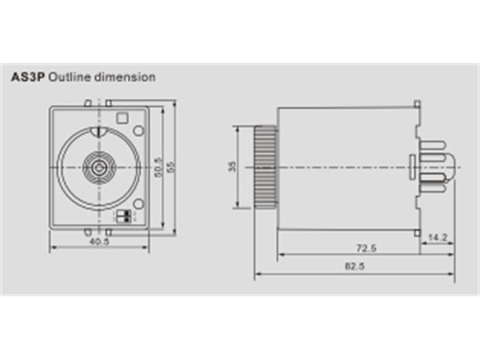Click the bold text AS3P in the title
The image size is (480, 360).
[28, 76]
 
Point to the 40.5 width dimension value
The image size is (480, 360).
[99, 242]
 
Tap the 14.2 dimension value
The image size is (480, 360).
[437, 238]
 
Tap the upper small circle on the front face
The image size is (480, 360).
[139, 131]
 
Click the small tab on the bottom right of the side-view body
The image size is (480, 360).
[417, 231]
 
